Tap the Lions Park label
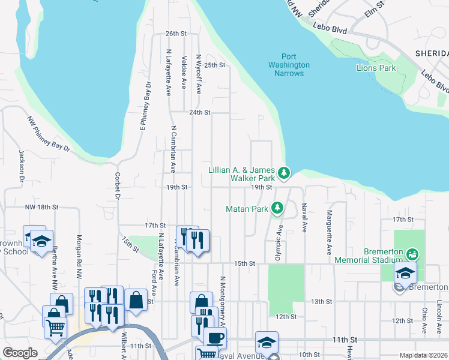pos(376,68)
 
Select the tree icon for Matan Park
pos(277,208)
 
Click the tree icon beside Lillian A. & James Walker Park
pos(285,173)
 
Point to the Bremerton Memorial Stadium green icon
pos(412,254)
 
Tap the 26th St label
pos(176,34)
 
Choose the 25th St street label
pos(214,65)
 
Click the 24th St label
pos(199,112)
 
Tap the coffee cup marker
pos(215,337)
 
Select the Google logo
pos(20,353)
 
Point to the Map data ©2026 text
pos(423,355)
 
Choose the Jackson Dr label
pos(21,165)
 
